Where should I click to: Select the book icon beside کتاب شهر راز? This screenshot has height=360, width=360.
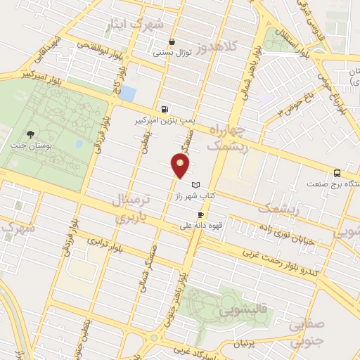click(205, 184)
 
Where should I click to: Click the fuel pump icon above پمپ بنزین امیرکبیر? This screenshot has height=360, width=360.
click(165, 109)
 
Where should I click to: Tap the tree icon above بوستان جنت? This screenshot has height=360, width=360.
click(29, 134)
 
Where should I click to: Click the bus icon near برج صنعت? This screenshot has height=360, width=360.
click(337, 173)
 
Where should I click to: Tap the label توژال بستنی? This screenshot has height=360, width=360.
click(172, 51)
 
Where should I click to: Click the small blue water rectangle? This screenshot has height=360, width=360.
click(128, 93)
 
